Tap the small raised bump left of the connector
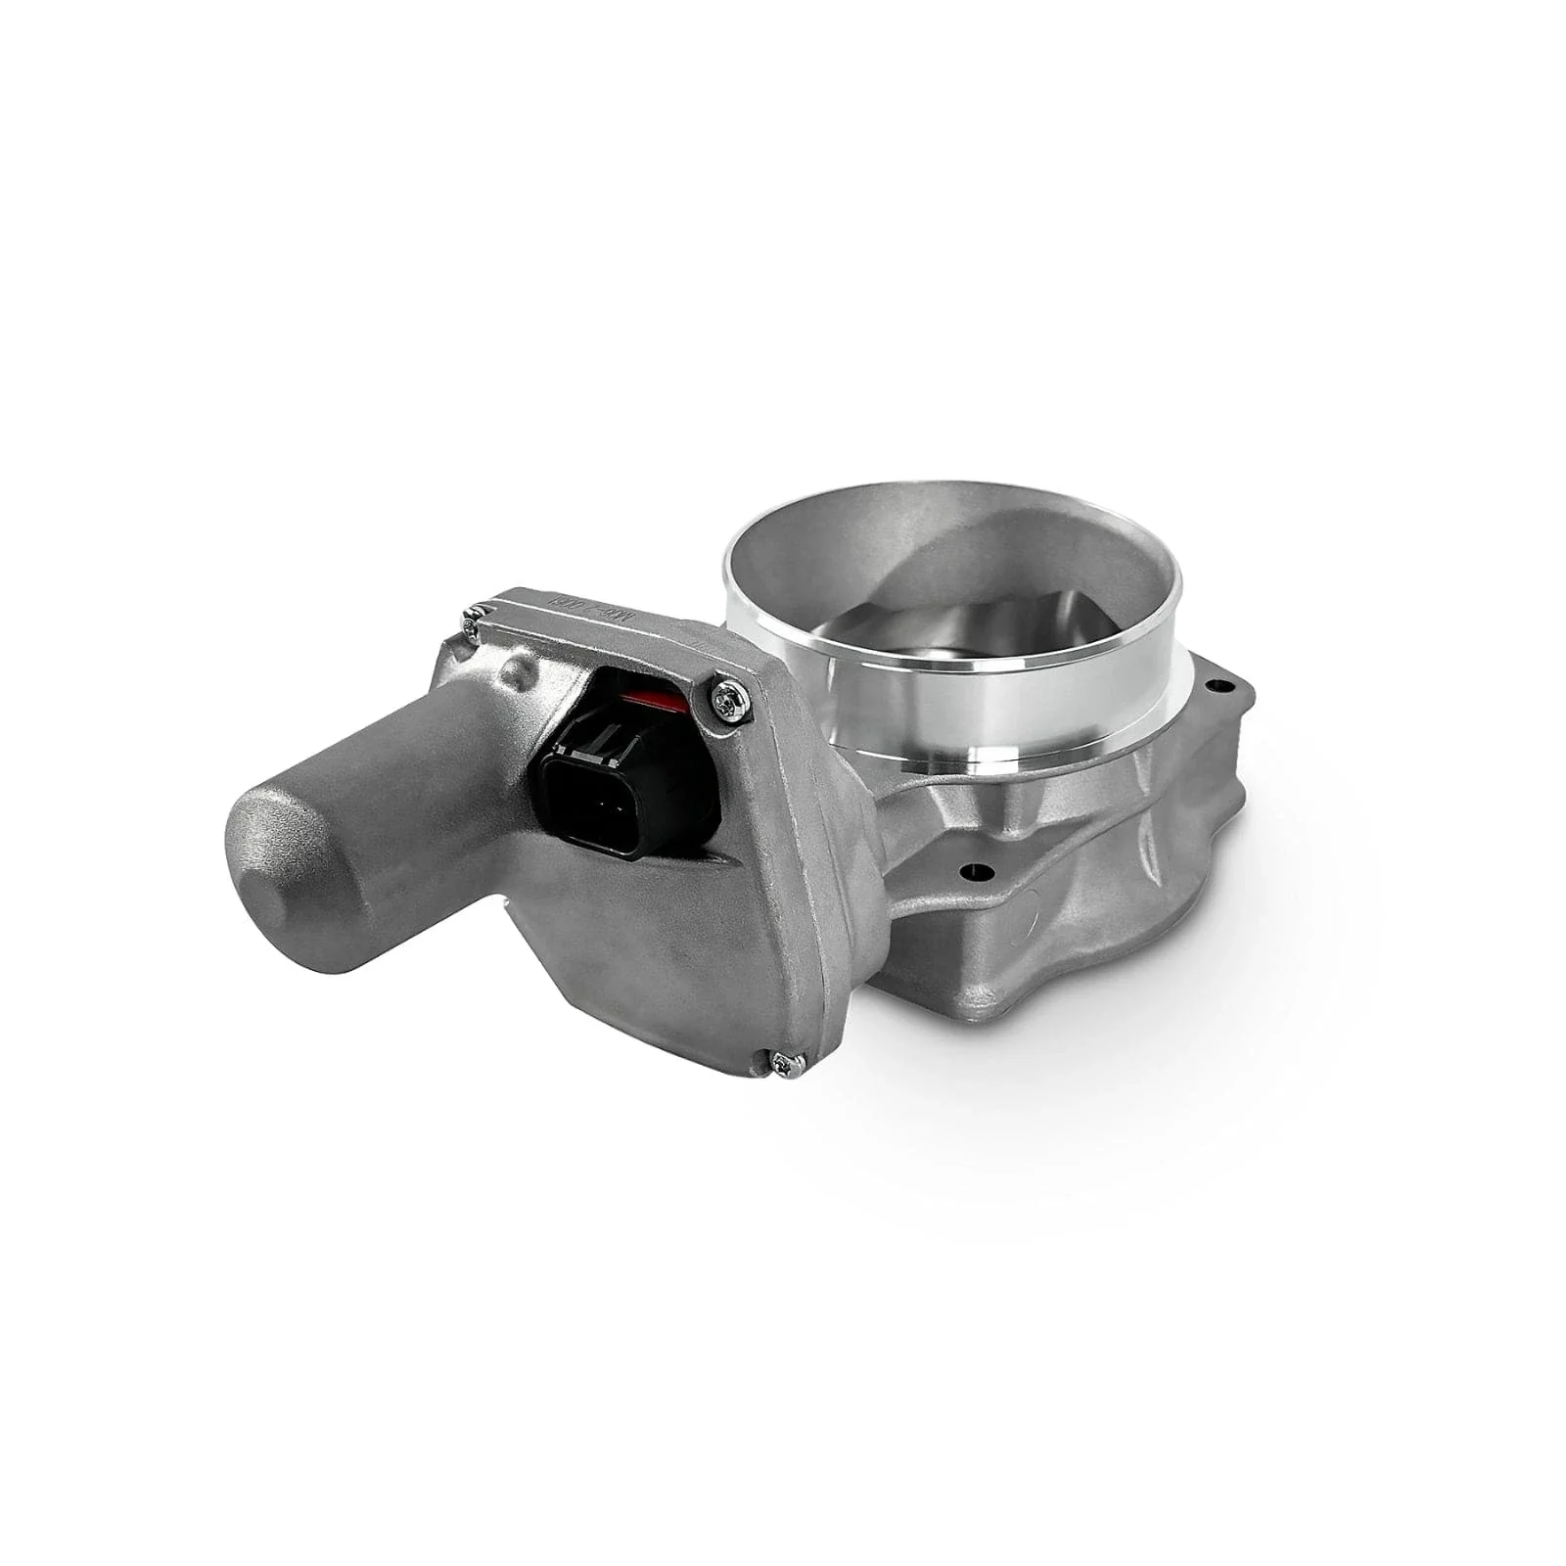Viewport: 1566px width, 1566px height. [x=514, y=675]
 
